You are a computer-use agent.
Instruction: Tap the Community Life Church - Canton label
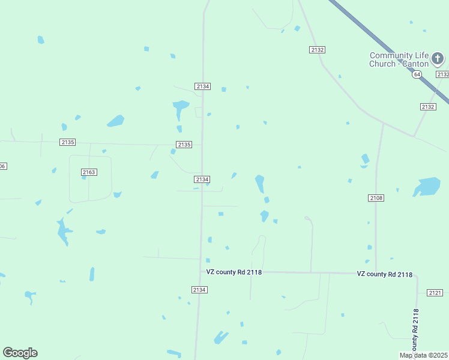(x=399, y=60)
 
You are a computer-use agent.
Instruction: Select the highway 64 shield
(x=417, y=74)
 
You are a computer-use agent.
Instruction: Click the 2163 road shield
(x=89, y=172)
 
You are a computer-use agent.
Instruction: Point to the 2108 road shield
(x=376, y=197)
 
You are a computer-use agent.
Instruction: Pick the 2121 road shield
(x=435, y=292)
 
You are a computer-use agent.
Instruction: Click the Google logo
(x=20, y=353)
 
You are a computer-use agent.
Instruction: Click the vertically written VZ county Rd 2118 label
(x=415, y=330)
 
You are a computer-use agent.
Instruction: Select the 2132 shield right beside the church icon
(x=442, y=74)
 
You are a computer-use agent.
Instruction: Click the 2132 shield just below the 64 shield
(x=427, y=106)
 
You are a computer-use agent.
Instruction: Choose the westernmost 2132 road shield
(x=318, y=50)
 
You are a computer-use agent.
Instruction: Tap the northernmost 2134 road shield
(x=203, y=86)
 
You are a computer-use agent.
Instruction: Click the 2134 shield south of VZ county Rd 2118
(x=199, y=290)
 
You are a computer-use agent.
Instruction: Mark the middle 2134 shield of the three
(x=202, y=179)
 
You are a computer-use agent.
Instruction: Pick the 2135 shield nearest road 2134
(x=184, y=145)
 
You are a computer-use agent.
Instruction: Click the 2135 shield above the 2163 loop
(x=68, y=142)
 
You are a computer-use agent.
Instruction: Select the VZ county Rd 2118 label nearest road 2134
(x=233, y=272)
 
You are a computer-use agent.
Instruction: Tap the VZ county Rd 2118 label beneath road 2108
(x=384, y=274)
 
